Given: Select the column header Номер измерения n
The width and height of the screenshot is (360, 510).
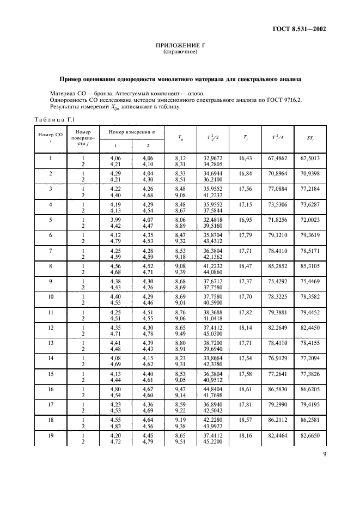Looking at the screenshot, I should point(131,132).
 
